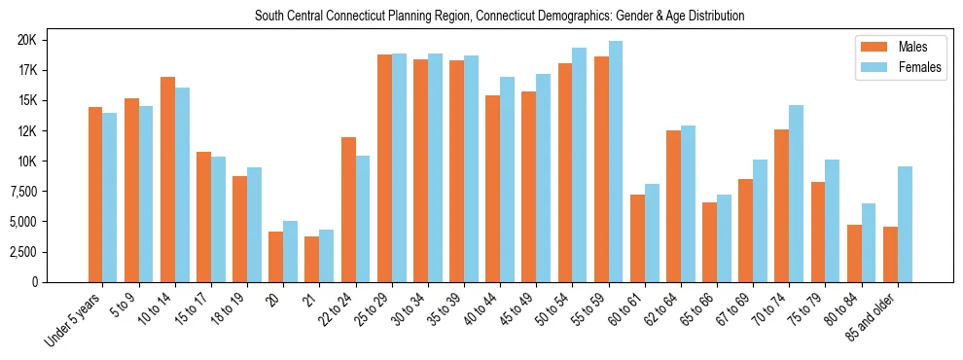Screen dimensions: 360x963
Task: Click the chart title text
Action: coord(499,16)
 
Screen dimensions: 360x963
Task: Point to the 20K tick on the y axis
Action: coord(52,40)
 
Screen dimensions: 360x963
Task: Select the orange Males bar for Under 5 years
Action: coord(95,195)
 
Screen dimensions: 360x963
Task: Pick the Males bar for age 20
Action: coord(275,257)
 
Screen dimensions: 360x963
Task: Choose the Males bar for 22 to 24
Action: coord(348,209)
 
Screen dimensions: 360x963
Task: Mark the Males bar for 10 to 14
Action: coord(167,179)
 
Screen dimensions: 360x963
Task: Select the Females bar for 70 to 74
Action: coord(796,194)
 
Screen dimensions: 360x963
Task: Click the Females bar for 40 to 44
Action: coord(507,179)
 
